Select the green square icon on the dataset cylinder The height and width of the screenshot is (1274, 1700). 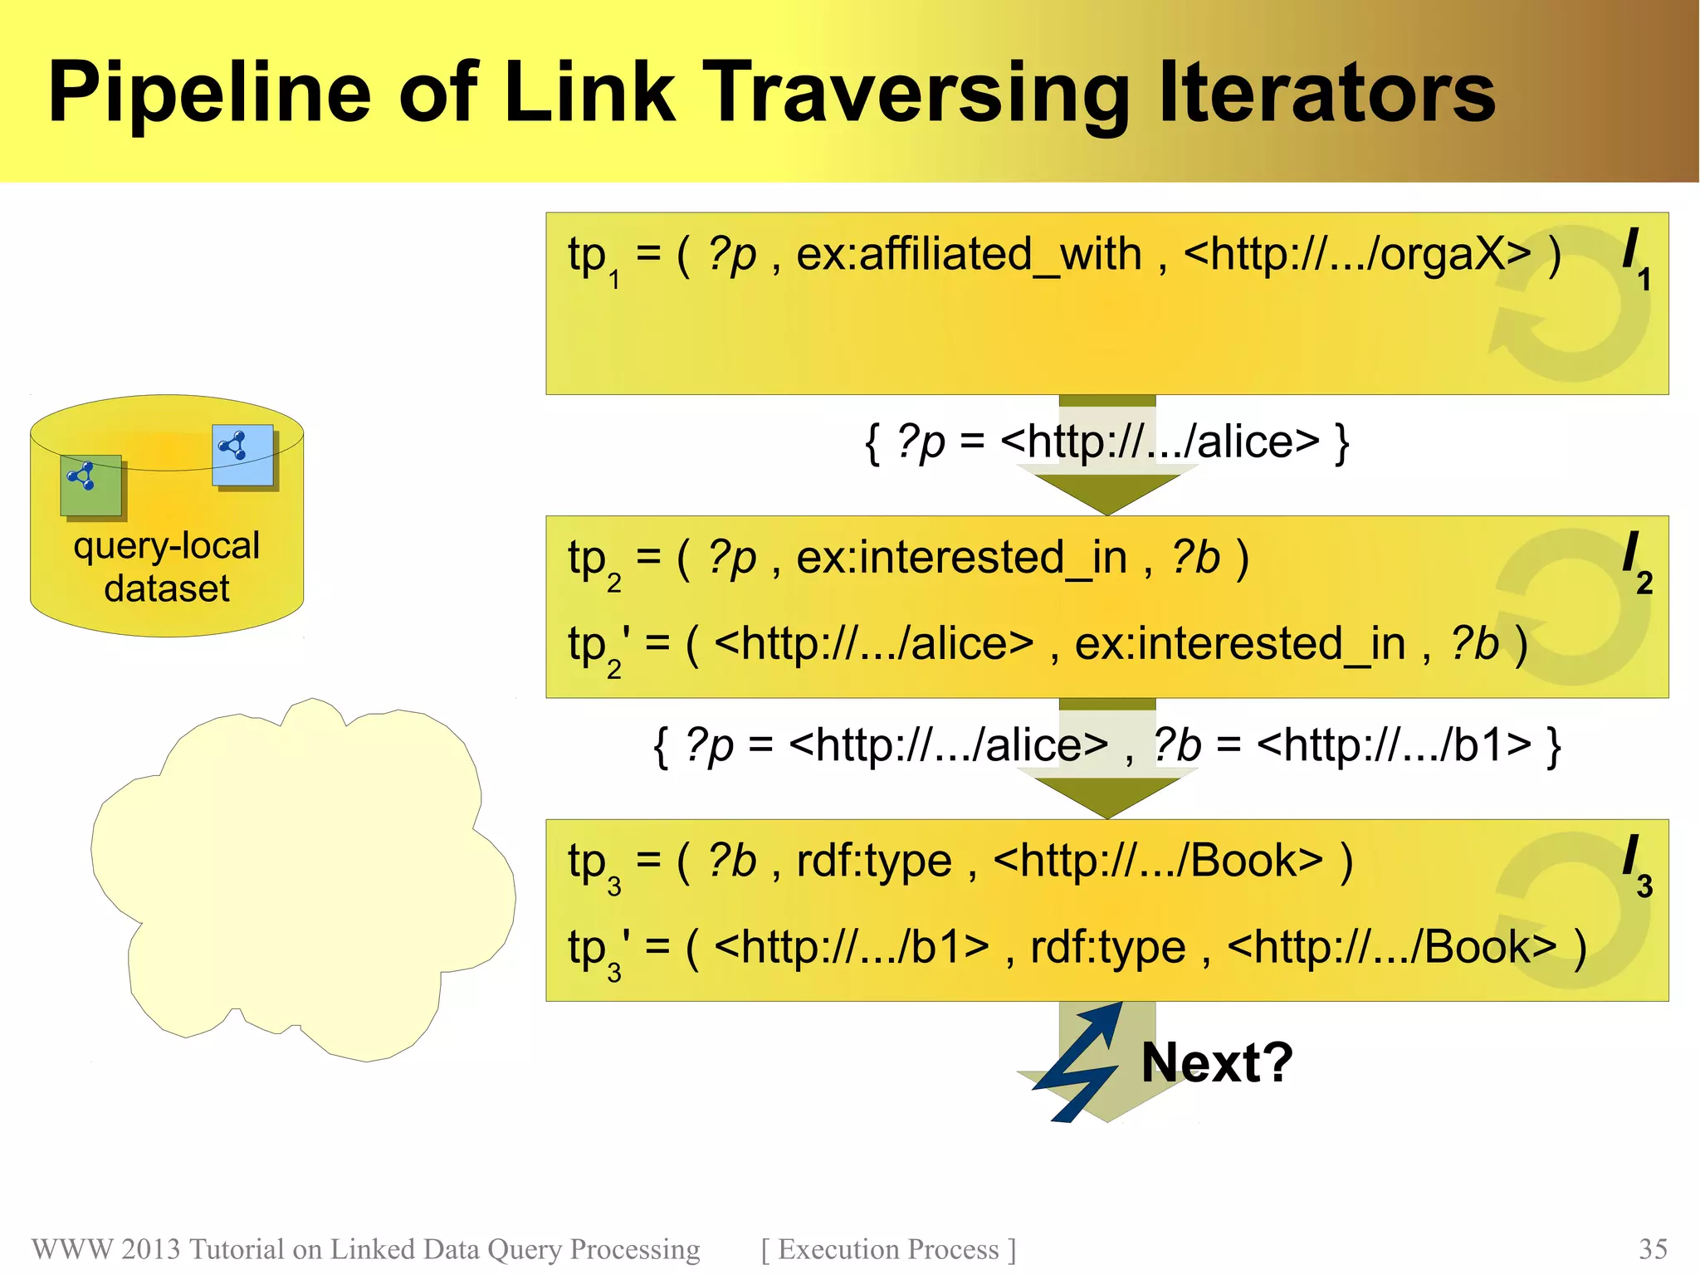point(90,485)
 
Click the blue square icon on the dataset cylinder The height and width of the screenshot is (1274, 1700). point(242,455)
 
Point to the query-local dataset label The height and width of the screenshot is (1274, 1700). point(166,566)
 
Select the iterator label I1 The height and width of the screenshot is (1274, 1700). point(1635,257)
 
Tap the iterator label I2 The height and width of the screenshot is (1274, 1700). point(1636,561)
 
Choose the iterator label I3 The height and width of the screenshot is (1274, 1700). point(1636,865)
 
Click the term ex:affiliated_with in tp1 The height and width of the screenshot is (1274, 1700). point(969,254)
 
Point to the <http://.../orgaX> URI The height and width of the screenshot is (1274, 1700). point(1357,254)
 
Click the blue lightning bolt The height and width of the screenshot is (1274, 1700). point(1077,1062)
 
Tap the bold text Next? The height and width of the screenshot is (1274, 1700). point(1216,1062)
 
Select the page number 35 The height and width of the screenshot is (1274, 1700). point(1653,1248)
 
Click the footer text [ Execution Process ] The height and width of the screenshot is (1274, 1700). point(888,1248)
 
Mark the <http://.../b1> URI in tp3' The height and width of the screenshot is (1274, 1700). point(852,947)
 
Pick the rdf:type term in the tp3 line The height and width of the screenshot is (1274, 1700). point(873,861)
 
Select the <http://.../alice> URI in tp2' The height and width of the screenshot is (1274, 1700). point(873,643)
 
